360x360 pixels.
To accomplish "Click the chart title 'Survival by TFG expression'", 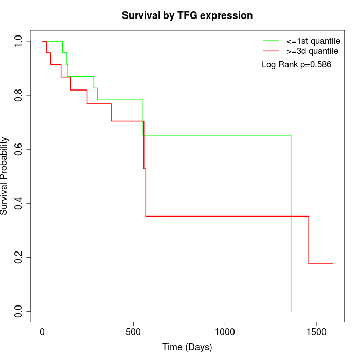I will tap(187, 16).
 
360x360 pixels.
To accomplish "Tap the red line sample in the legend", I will tap(271, 51).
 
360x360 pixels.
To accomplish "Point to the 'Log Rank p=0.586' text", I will tap(296, 65).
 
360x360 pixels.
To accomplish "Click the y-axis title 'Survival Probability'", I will tap(5, 176).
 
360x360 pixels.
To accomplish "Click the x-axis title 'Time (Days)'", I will tap(187, 348).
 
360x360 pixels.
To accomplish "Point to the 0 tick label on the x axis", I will tap(42, 333).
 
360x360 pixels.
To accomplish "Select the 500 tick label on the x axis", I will tap(134, 333).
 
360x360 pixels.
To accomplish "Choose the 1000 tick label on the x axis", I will tap(225, 333).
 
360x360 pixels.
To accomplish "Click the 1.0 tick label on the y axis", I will tap(19, 41).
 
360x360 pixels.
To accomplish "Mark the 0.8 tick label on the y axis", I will tap(19, 95).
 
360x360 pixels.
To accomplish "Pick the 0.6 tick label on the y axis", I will tap(19, 149).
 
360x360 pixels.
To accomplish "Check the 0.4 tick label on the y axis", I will tap(19, 203).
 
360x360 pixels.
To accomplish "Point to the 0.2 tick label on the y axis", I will tap(19, 257).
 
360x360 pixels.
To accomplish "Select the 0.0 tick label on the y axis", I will tap(19, 311).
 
